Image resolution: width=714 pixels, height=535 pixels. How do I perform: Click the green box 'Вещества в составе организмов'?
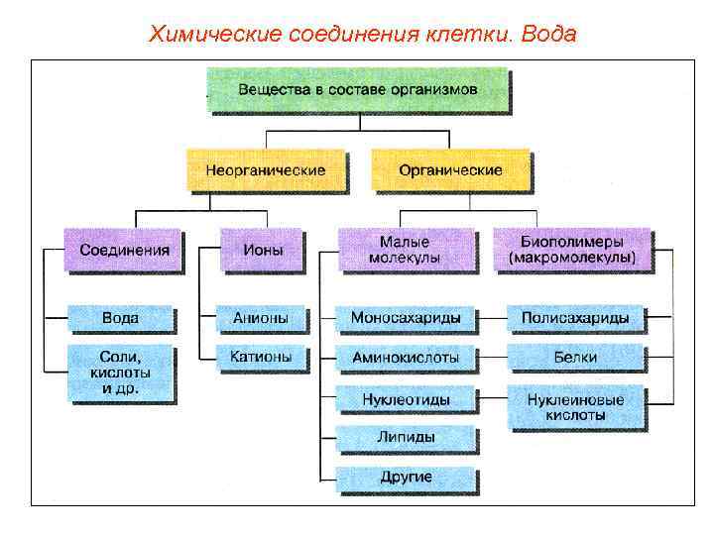click(357, 90)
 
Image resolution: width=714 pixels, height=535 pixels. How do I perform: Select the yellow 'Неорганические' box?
click(265, 169)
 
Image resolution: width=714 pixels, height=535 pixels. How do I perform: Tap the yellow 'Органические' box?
click(450, 169)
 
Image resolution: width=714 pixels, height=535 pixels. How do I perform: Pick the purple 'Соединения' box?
click(124, 250)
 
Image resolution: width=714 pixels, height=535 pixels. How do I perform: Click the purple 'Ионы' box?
click(260, 250)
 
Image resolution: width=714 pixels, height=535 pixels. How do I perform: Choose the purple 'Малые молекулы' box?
click(404, 250)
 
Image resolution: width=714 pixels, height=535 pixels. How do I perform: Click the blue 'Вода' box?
click(120, 318)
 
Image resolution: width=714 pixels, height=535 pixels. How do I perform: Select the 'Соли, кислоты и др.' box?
click(120, 373)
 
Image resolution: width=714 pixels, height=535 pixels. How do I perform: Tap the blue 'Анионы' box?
click(260, 318)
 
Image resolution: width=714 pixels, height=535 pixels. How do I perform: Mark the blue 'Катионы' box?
click(260, 356)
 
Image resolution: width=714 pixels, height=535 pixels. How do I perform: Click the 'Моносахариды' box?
click(406, 318)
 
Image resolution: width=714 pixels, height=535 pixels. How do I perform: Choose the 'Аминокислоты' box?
click(406, 356)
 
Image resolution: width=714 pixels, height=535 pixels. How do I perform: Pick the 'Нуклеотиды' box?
click(406, 398)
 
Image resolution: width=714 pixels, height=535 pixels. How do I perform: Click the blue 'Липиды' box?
click(406, 436)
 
